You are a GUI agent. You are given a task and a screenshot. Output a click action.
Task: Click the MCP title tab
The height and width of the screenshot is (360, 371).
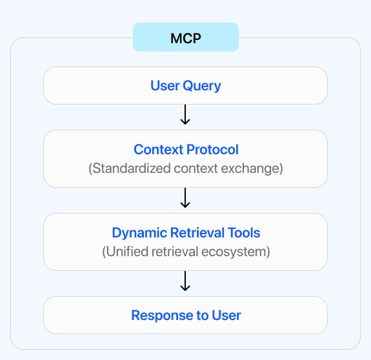186,37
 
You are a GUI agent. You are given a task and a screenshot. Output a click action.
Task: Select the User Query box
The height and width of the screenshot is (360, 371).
186,85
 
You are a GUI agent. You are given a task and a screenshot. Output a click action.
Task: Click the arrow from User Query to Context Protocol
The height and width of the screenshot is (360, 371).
186,115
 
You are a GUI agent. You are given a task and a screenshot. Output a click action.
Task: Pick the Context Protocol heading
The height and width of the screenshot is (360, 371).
186,150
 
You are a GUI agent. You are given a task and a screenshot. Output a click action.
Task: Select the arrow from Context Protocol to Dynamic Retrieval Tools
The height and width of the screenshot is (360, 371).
186,198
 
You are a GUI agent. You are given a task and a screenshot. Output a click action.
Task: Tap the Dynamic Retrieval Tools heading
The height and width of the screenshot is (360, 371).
186,233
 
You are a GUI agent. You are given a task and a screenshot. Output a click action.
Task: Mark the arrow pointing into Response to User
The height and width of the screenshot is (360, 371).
186,281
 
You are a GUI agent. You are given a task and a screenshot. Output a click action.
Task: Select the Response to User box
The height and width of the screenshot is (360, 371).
186,315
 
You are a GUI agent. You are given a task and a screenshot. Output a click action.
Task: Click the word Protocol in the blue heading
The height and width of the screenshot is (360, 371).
212,150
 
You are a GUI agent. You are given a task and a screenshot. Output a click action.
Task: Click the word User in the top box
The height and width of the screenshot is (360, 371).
164,85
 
